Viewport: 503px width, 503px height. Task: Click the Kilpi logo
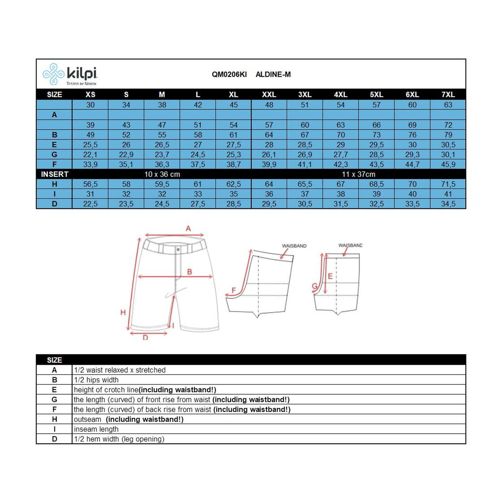(x=70, y=74)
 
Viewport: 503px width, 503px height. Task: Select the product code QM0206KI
(x=229, y=74)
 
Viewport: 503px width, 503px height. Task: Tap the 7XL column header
(x=448, y=95)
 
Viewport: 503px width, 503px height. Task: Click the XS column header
(x=90, y=95)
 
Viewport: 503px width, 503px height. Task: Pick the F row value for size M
(x=162, y=164)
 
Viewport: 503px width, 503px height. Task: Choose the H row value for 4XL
(x=341, y=184)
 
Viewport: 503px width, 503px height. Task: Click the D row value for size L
(x=198, y=204)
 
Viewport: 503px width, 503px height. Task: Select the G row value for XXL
(x=269, y=155)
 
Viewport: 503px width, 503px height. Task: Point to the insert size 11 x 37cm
(x=358, y=175)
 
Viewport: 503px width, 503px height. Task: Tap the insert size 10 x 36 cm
(x=162, y=175)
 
